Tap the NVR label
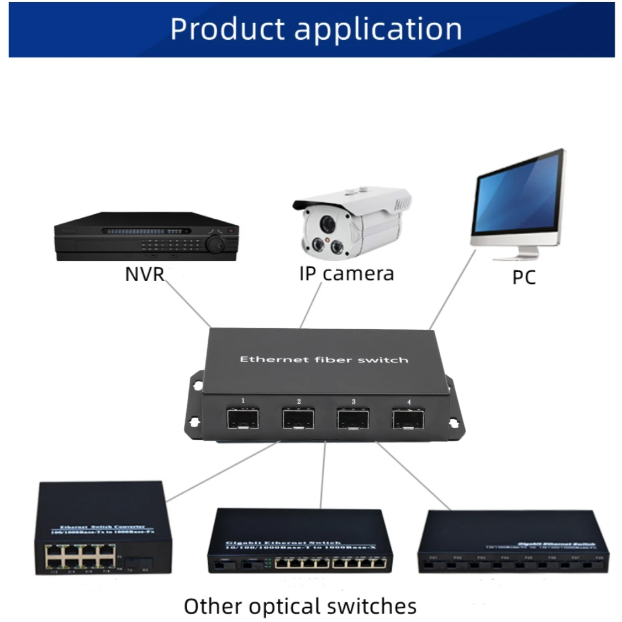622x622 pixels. pos(145,274)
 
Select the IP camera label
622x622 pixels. pos(346,273)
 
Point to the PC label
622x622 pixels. pos(524,277)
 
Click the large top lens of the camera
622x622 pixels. pos(328,224)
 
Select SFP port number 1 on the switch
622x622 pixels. pos(243,419)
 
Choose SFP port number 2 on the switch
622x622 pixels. pos(298,419)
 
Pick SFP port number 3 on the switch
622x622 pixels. pos(354,419)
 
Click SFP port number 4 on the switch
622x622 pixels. pos(409,419)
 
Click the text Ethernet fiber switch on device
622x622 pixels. pos(324,360)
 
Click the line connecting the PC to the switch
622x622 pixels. pos(452,290)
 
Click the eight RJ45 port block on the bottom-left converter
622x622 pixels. pos(81,556)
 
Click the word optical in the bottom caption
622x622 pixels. pos(285,607)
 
